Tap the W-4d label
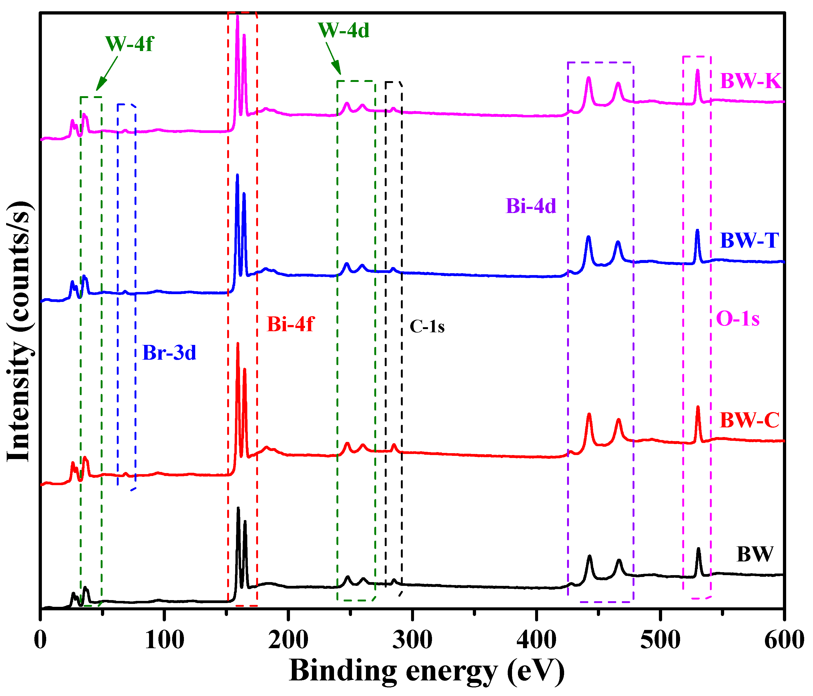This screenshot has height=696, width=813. pos(343,30)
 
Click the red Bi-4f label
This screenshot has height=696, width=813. pos(290,324)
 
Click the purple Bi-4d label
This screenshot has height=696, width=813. pos(531,206)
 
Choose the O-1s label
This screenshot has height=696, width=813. pos(737,319)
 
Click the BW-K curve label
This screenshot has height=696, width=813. pos(750,81)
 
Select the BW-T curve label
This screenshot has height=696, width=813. pos(749,241)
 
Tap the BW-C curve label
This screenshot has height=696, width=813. pos(749,420)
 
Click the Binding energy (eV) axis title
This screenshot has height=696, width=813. pos(427,671)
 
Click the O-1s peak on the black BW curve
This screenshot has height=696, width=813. pos(698,550)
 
